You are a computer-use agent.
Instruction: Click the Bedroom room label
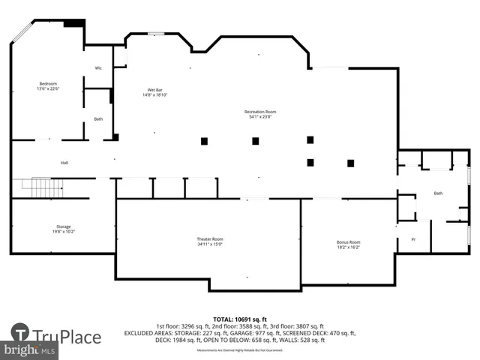coord(48,83)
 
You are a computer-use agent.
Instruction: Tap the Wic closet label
coord(98,68)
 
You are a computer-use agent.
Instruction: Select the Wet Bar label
coord(155,90)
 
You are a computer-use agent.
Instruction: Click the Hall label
coord(64,163)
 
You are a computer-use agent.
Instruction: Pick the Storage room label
coord(63,226)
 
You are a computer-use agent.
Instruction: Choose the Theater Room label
coord(210,238)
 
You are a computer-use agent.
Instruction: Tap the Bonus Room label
coord(349,241)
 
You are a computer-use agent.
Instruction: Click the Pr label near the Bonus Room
coord(412,239)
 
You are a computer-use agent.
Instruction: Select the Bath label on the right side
coord(438,193)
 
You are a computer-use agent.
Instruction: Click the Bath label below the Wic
coord(98,119)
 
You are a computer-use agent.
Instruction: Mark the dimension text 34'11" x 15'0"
coord(210,244)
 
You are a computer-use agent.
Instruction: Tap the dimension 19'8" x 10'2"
coord(63,232)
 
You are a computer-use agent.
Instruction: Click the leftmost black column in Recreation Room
coord(204,140)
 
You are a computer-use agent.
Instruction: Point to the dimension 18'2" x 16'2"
coord(349,247)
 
